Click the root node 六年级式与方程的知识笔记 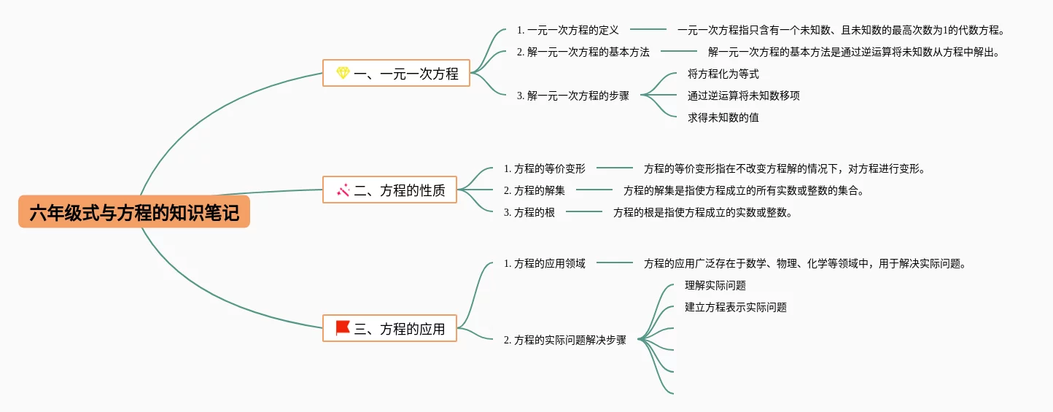[134, 212]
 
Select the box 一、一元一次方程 [396, 73]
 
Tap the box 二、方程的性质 [389, 190]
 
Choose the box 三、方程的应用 [389, 328]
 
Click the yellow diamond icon [343, 73]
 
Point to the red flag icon [343, 328]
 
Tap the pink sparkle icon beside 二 [343, 190]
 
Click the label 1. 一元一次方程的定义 [567, 30]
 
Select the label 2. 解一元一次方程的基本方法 [583, 52]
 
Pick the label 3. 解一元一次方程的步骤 [572, 96]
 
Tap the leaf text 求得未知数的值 [723, 117]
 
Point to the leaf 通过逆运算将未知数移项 [744, 96]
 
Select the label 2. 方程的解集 [534, 190]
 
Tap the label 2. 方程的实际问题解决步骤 [564, 339]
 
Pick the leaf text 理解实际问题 [715, 285]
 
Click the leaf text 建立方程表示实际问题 [735, 307]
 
